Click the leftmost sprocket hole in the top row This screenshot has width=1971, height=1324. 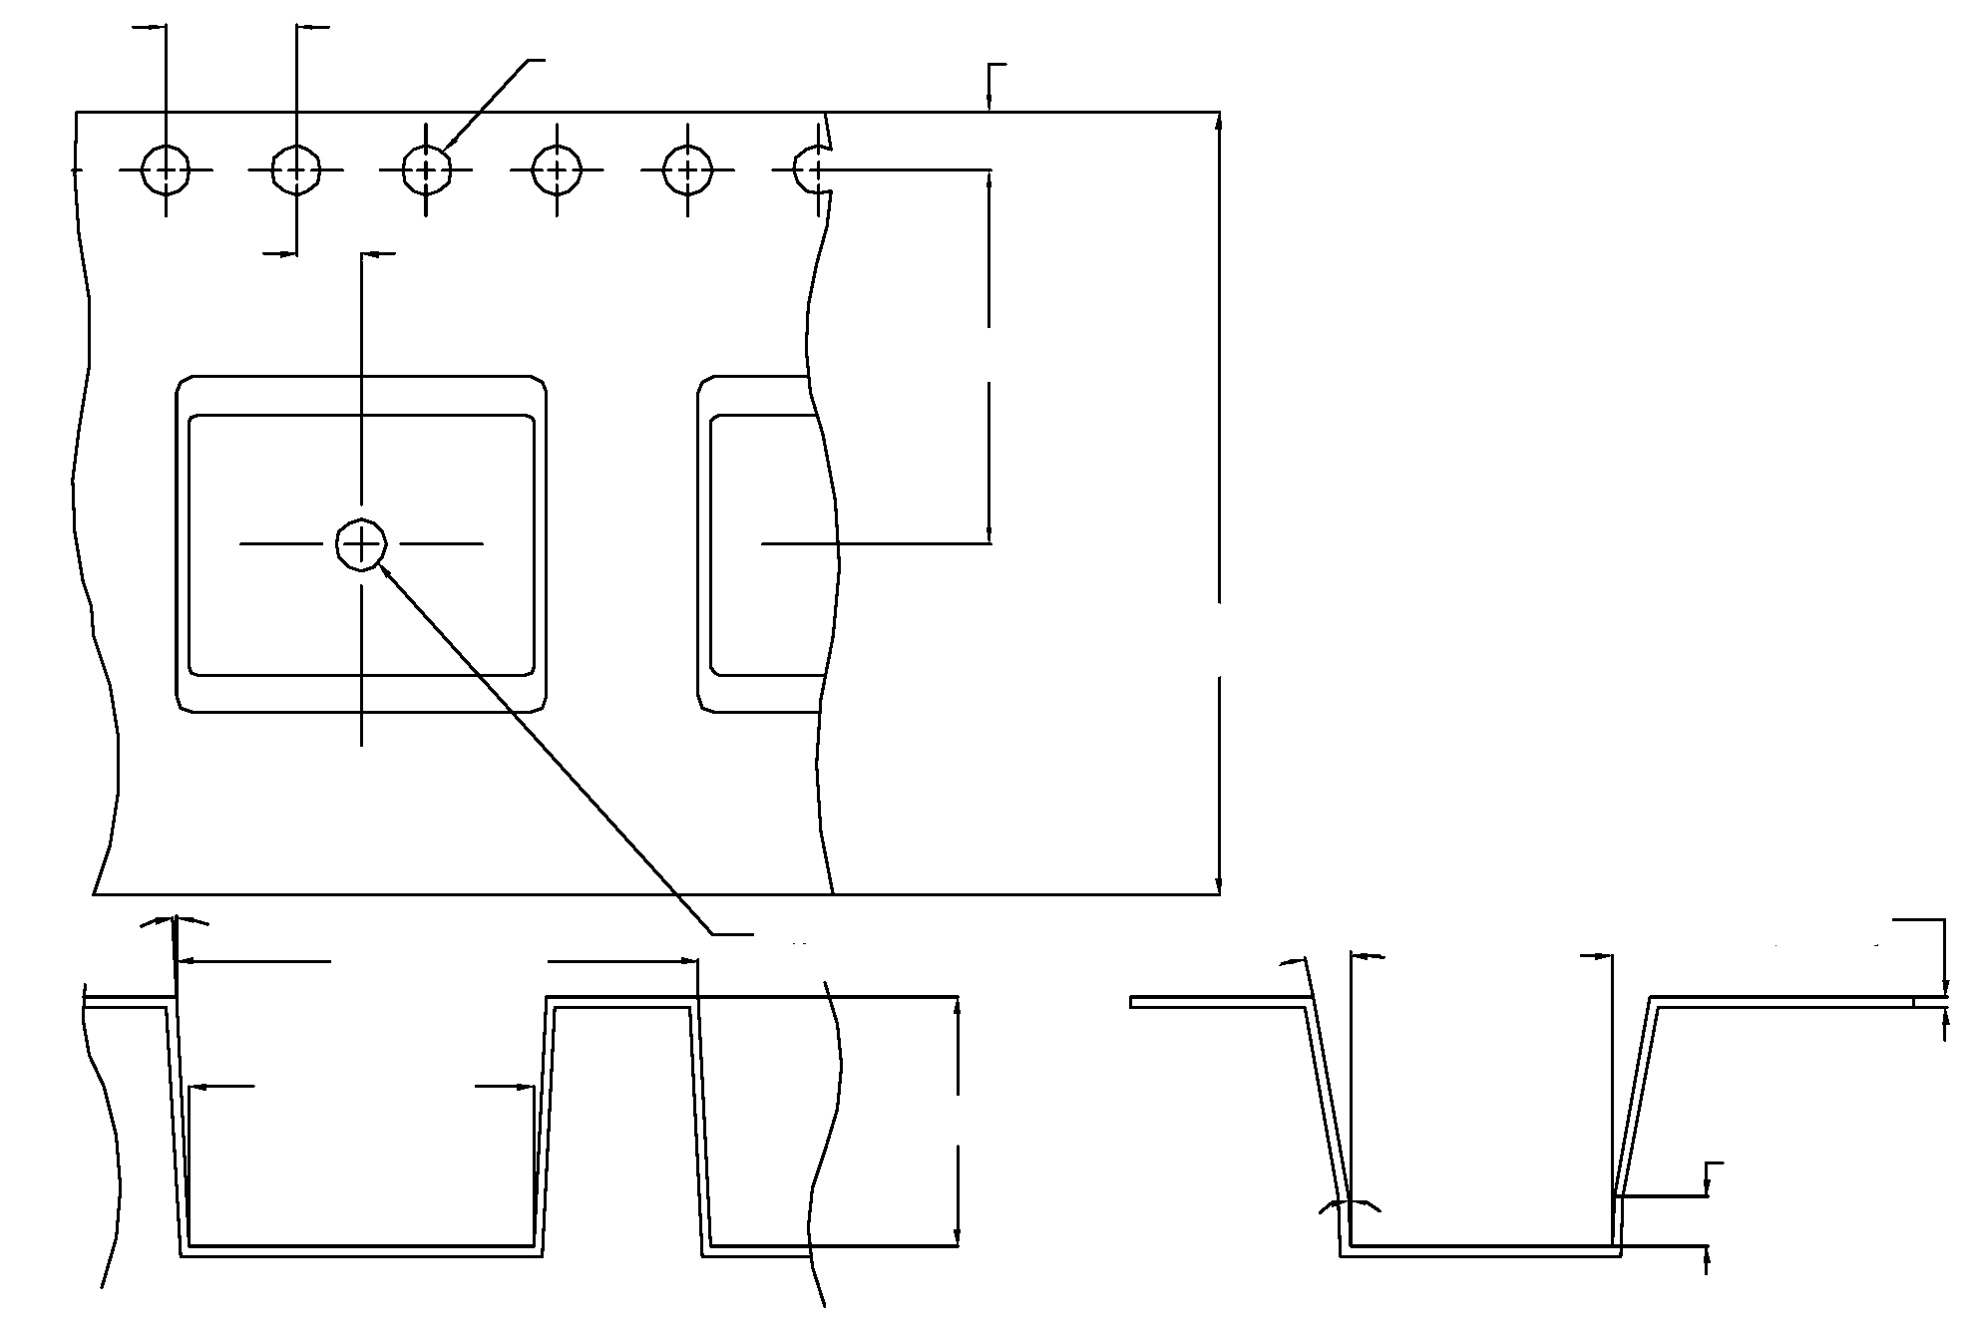tap(165, 170)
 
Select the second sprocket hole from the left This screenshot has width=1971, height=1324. tap(296, 170)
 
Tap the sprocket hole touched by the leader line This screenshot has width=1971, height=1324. tap(427, 170)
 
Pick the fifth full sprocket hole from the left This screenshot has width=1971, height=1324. tap(688, 170)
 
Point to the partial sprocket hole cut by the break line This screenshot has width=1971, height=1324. tap(810, 169)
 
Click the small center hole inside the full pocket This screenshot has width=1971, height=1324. tap(361, 544)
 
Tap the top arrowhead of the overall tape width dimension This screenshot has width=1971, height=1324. tap(1219, 120)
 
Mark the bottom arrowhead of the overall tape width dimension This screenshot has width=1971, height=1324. tap(1219, 886)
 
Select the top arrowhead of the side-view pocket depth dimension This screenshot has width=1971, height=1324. tap(958, 1005)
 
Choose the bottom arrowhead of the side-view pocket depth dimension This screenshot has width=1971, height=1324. tap(958, 1238)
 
